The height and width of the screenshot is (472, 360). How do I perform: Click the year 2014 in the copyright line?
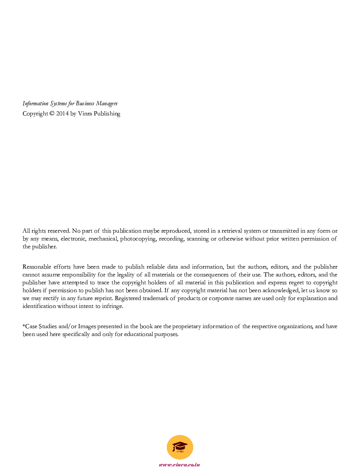62,114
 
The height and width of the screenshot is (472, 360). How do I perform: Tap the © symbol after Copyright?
52,114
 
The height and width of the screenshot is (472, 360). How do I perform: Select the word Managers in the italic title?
106,103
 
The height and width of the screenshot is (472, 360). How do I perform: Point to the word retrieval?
232,231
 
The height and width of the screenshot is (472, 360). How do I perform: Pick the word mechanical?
103,239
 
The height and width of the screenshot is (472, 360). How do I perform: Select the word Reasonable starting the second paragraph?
36,267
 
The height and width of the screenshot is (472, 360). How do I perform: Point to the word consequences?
211,275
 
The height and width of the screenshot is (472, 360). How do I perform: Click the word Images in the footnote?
87,326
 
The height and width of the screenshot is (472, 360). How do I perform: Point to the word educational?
138,334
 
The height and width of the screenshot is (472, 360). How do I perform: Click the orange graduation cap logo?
180,447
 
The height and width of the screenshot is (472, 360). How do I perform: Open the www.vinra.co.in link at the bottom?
179,465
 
